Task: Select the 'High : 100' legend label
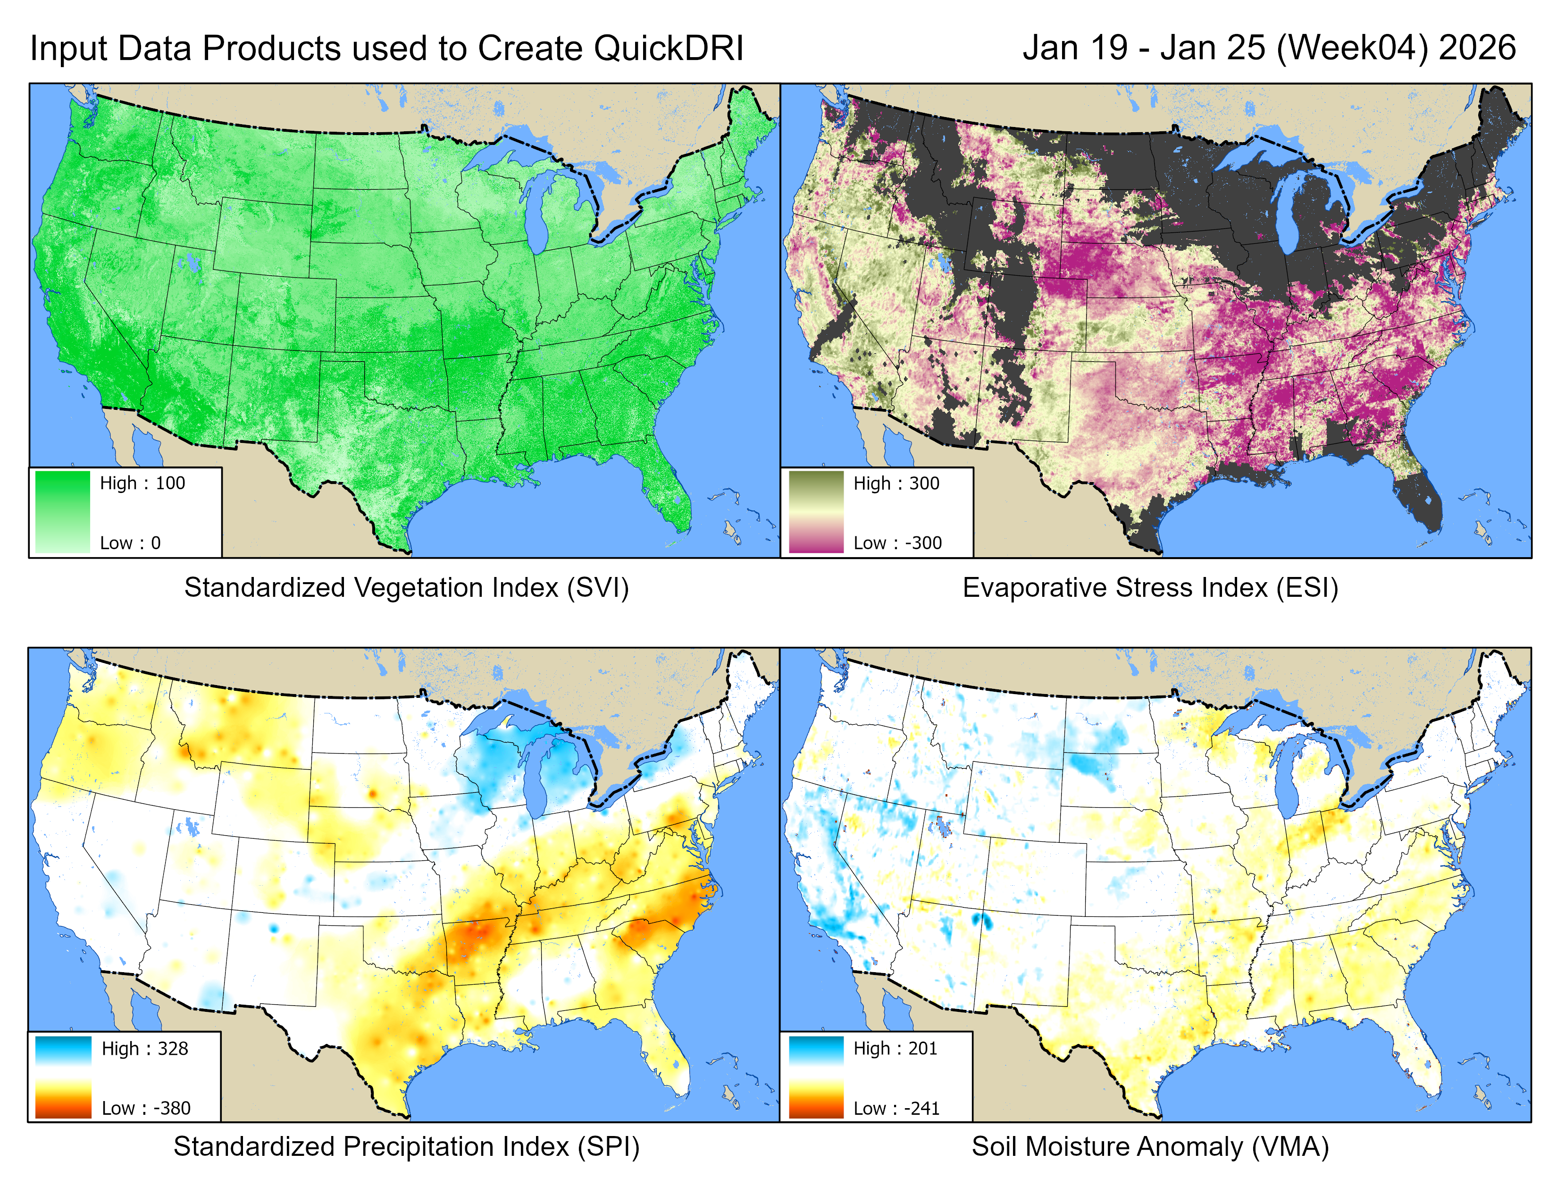[x=142, y=483]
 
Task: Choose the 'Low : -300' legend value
[x=897, y=543]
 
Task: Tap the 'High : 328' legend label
[x=145, y=1049]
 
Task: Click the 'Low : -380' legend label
[x=146, y=1108]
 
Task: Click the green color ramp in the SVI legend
[x=63, y=511]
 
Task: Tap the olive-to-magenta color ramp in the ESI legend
[x=816, y=511]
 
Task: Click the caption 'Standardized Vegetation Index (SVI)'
[x=406, y=588]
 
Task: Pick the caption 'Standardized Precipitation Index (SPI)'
[x=406, y=1146]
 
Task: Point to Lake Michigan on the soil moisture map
[x=1292, y=778]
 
